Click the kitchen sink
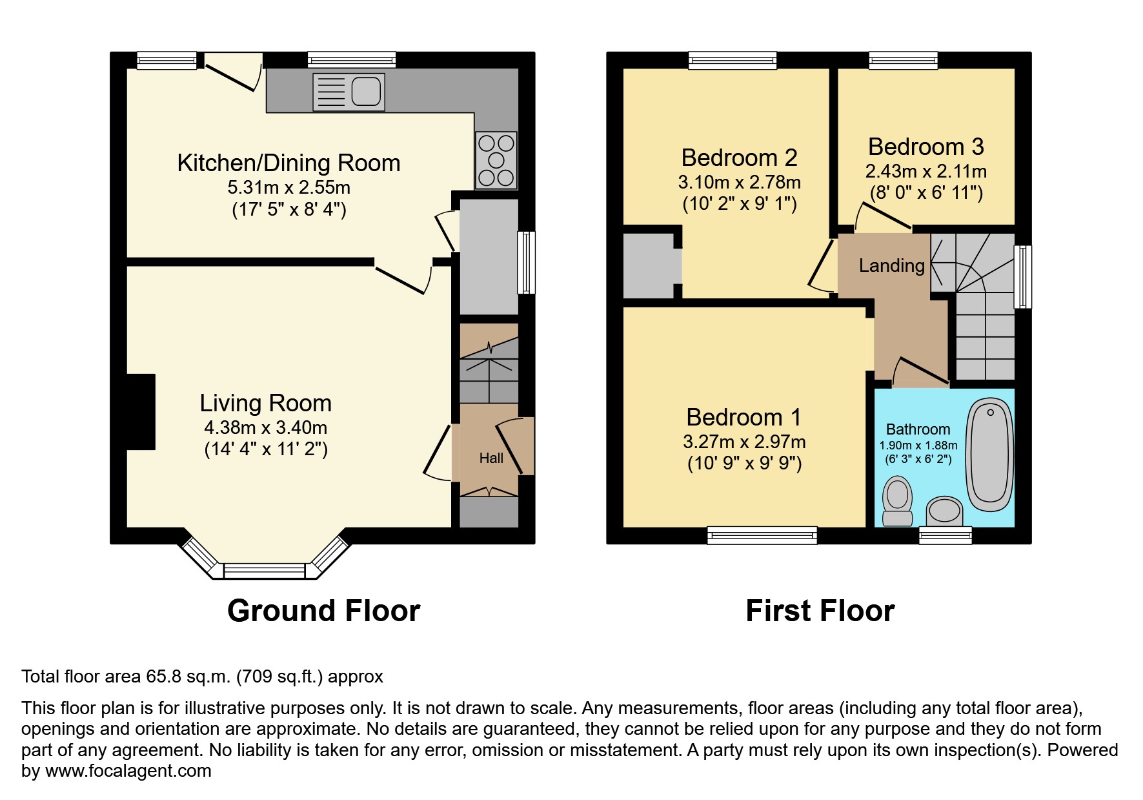(x=349, y=91)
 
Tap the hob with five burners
(x=496, y=160)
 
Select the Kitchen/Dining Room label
(x=288, y=163)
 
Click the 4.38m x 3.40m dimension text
(x=265, y=427)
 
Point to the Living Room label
(x=265, y=403)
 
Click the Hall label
(x=491, y=458)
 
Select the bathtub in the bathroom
(x=989, y=451)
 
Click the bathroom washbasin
(x=944, y=512)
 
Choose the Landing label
(x=891, y=265)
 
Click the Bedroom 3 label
(x=926, y=147)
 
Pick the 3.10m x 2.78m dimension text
(x=739, y=182)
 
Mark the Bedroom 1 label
(x=743, y=417)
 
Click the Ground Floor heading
(x=323, y=610)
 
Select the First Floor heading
(x=820, y=610)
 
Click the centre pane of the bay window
(x=264, y=571)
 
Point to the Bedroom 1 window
(x=762, y=535)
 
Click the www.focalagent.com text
(x=128, y=771)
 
